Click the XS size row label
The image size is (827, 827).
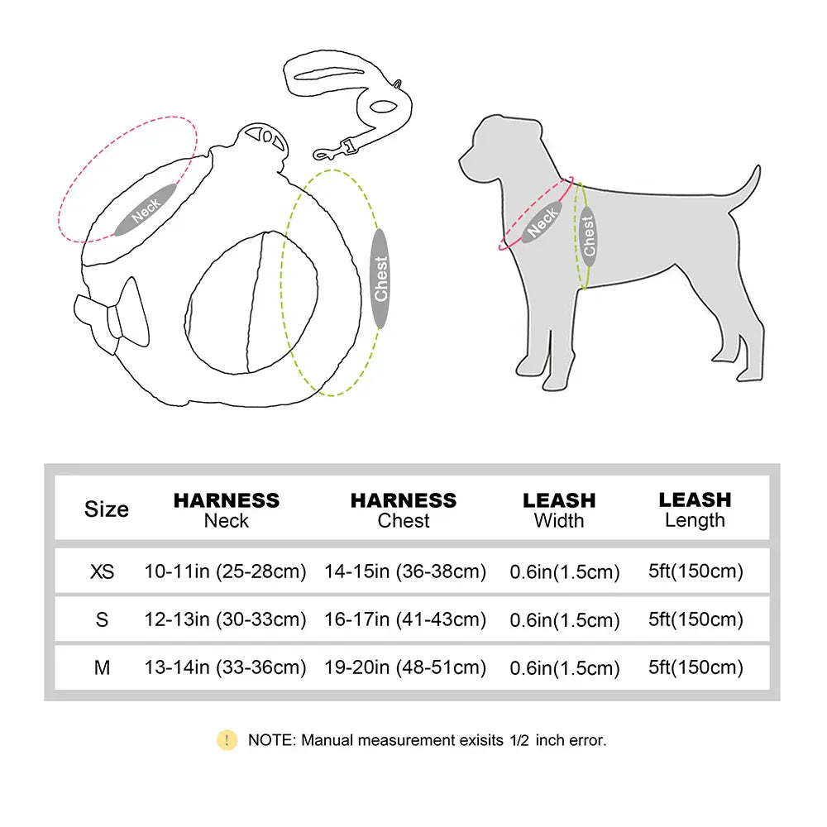pyautogui.click(x=103, y=571)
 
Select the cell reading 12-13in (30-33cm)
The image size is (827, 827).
pyautogui.click(x=225, y=619)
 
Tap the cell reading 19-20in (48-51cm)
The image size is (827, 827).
pyautogui.click(x=404, y=667)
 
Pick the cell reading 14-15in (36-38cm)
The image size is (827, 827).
pyautogui.click(x=404, y=571)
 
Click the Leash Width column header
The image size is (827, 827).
pyautogui.click(x=559, y=510)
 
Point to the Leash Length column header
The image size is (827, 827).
pyautogui.click(x=695, y=509)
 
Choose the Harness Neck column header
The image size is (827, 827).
pyautogui.click(x=226, y=510)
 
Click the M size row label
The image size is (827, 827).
pyautogui.click(x=103, y=667)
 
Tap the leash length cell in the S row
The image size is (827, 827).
pyautogui.click(x=696, y=619)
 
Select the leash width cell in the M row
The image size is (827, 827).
pyautogui.click(x=563, y=668)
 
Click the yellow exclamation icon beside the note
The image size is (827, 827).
pyautogui.click(x=227, y=740)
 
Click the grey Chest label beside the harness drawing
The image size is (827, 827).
pyautogui.click(x=380, y=278)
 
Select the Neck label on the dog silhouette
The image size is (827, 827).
pyautogui.click(x=543, y=222)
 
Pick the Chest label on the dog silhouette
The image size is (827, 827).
pyautogui.click(x=589, y=237)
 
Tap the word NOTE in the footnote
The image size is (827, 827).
pyautogui.click(x=270, y=740)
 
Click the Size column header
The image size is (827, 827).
pyautogui.click(x=107, y=509)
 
